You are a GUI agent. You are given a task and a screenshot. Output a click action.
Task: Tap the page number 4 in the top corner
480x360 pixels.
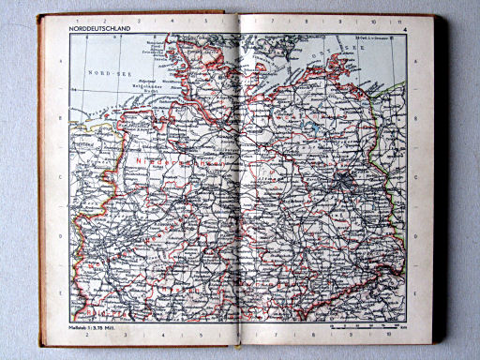(x=404, y=32)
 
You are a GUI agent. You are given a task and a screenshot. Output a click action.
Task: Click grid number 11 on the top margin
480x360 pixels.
(x=398, y=21)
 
